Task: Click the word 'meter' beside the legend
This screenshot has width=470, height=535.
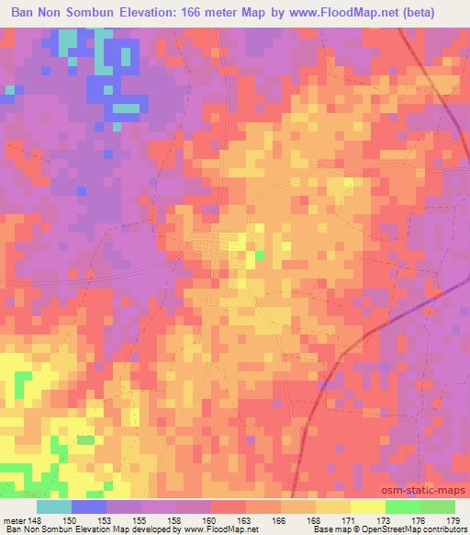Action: pyautogui.click(x=14, y=520)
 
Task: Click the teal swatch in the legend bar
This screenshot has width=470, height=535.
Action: pyautogui.click(x=55, y=507)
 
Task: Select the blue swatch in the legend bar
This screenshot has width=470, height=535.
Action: pyautogui.click(x=90, y=507)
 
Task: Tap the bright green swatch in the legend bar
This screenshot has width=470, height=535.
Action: pyautogui.click(x=402, y=507)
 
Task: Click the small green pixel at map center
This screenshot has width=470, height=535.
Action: pyautogui.click(x=260, y=256)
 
